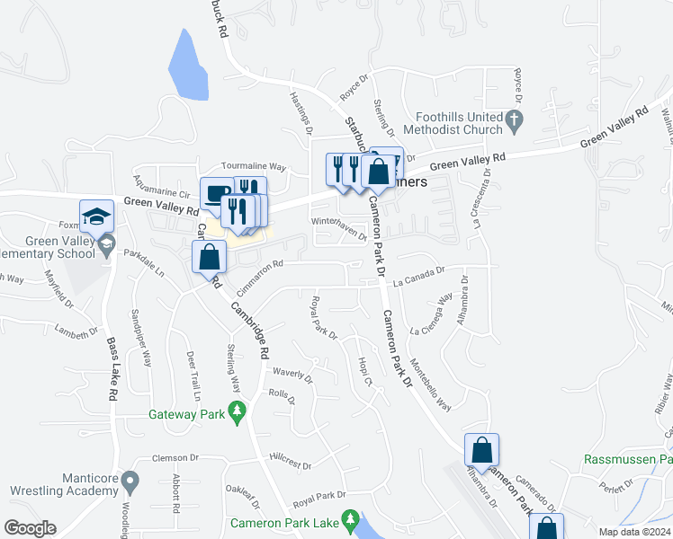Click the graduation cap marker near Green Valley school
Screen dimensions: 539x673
[x=97, y=216]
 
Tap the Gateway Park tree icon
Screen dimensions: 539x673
[x=238, y=412]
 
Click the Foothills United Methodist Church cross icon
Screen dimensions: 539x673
[x=513, y=119]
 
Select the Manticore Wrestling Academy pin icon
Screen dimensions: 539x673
[x=130, y=482]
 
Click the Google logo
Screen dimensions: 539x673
[x=30, y=528]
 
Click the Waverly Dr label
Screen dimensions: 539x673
[x=292, y=374]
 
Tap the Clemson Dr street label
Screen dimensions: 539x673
[x=174, y=457]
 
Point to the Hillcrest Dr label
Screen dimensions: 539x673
[x=289, y=467]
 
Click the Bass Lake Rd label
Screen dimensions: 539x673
[x=113, y=368]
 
